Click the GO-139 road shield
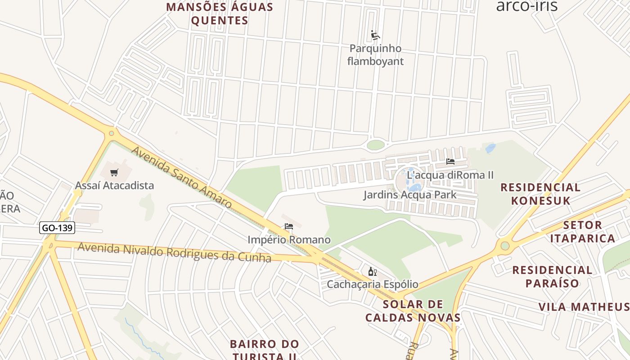[57, 228]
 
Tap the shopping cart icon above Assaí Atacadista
[114, 172]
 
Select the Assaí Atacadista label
[114, 185]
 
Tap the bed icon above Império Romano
[289, 226]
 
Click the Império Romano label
[289, 240]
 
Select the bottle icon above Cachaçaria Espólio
[372, 271]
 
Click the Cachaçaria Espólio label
[372, 284]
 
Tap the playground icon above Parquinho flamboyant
[375, 35]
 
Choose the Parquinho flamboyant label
[375, 55]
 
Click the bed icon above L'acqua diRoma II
[450, 162]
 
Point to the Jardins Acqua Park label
[410, 195]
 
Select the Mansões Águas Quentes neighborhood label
[220, 14]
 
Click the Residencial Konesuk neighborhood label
[540, 194]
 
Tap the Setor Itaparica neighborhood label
[582, 232]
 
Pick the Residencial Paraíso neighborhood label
[552, 277]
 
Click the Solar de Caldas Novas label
[413, 311]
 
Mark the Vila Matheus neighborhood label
[584, 307]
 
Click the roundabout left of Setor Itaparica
[505, 246]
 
